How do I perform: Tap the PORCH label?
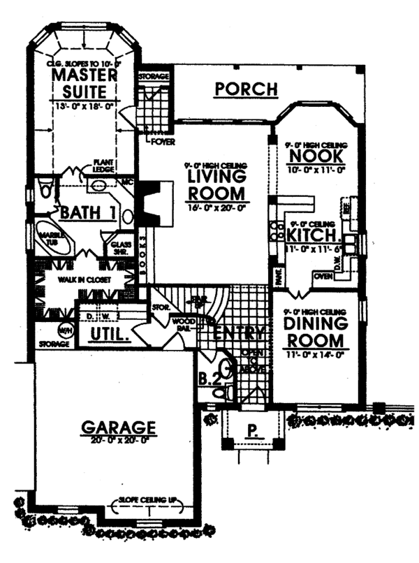pyautogui.click(x=247, y=89)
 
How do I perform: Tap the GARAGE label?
pyautogui.click(x=117, y=425)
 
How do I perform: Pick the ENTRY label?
pyautogui.click(x=237, y=332)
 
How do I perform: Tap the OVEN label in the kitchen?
pyautogui.click(x=323, y=277)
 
